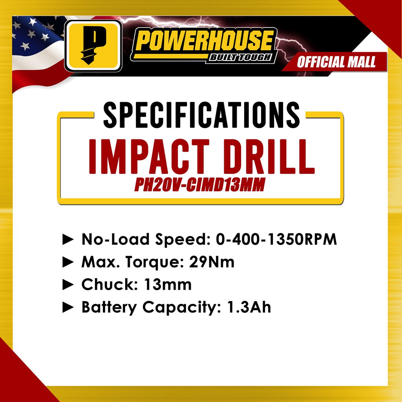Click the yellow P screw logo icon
[93, 46]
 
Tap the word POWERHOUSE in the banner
[204, 40]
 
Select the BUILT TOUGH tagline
[240, 57]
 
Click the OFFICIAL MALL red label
[336, 62]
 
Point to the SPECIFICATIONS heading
[201, 115]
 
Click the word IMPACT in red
[149, 157]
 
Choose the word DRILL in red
[269, 157]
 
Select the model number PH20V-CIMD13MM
[200, 185]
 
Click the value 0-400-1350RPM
[276, 239]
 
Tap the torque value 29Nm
[212, 262]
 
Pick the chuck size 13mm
[168, 284]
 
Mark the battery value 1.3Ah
[249, 307]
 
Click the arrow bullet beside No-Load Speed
[68, 239]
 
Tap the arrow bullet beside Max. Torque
[68, 262]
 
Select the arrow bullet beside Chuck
[68, 285]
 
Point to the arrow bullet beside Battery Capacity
[68, 307]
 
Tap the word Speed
[183, 240]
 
